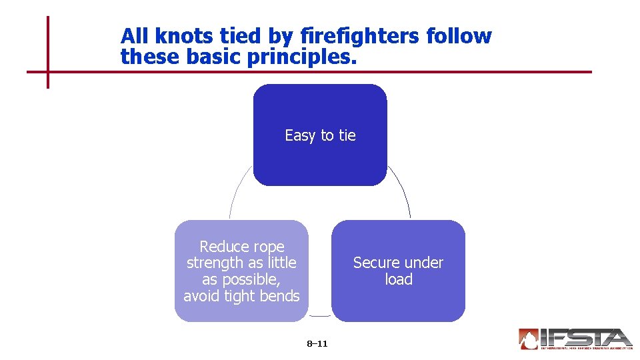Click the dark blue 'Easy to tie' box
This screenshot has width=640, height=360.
(x=320, y=160)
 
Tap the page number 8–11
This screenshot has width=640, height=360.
(x=317, y=344)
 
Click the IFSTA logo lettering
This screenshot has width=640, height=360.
(x=587, y=337)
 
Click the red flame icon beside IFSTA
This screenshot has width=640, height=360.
(x=529, y=339)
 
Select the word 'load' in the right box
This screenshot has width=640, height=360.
(x=399, y=279)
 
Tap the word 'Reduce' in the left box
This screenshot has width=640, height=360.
(x=223, y=247)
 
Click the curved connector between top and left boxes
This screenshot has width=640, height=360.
(x=236, y=193)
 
